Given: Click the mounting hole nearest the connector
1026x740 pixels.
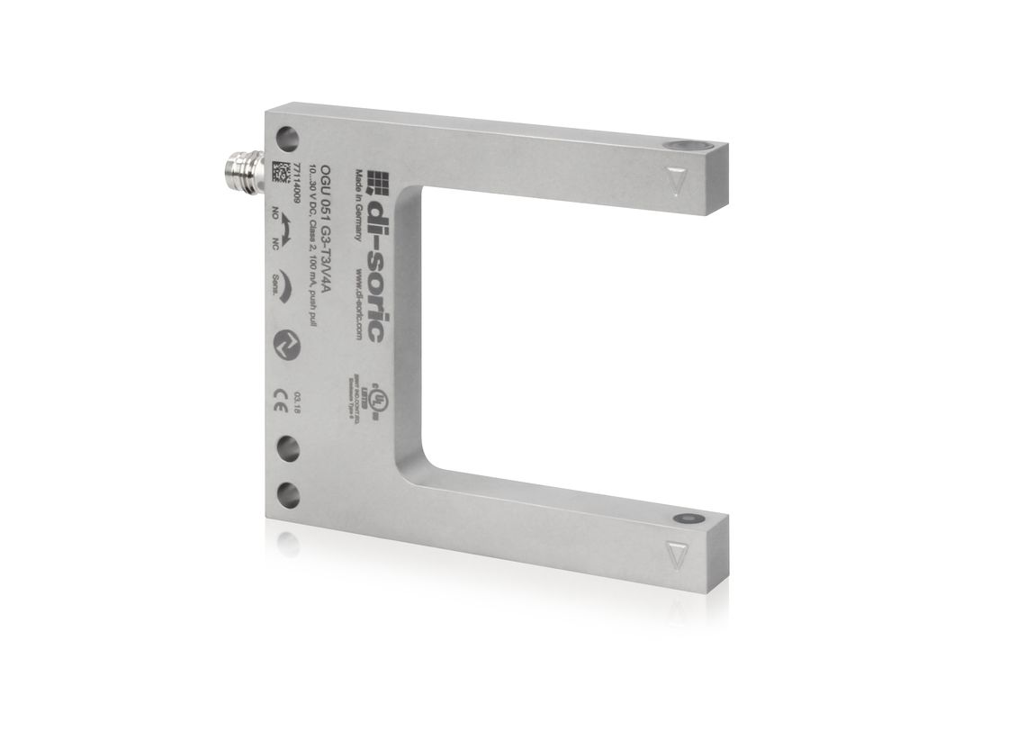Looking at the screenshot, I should (287, 139).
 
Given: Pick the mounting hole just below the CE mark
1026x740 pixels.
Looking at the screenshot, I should (287, 447).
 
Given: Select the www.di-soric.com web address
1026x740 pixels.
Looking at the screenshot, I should (359, 302).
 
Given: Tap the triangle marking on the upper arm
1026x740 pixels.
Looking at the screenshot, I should (678, 180).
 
